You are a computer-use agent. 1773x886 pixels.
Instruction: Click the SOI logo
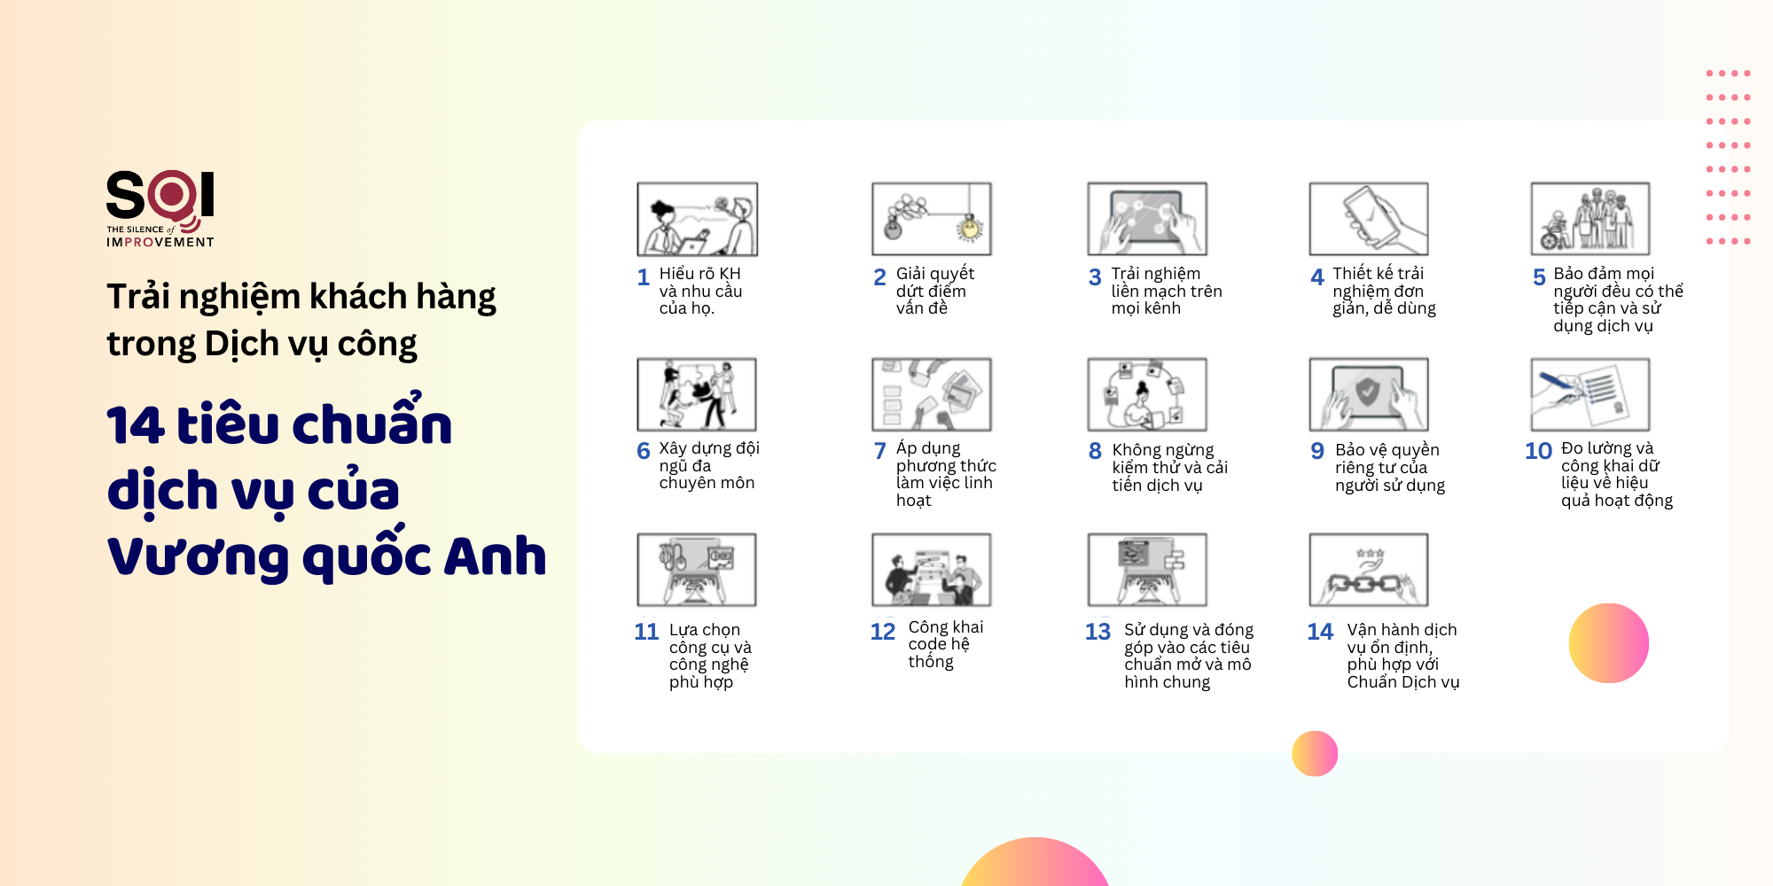[160, 208]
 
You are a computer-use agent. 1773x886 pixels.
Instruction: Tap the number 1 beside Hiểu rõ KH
[644, 277]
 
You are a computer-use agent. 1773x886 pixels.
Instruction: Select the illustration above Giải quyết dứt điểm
[932, 219]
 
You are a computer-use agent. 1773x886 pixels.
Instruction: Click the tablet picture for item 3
[1147, 219]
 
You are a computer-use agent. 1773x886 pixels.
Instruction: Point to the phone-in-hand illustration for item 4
[1369, 219]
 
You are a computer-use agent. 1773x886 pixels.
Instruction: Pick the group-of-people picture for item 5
[1590, 219]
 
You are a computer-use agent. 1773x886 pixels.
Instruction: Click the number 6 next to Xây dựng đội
[644, 451]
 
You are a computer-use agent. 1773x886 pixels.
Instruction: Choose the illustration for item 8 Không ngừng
[1147, 394]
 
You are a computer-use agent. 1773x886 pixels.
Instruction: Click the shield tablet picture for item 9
[1369, 394]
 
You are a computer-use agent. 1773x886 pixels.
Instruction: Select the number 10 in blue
[1538, 451]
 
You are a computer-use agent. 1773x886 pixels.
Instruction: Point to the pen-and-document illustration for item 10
[1590, 394]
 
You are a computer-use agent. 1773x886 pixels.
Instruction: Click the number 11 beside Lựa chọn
[646, 632]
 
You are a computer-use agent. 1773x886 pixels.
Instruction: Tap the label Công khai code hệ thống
[946, 644]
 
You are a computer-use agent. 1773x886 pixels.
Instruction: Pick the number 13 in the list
[1097, 632]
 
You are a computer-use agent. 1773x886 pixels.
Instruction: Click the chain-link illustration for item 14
[1369, 570]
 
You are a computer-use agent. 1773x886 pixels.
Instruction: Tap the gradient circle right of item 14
[1609, 643]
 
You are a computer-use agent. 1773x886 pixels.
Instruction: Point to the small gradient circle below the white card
[1315, 754]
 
